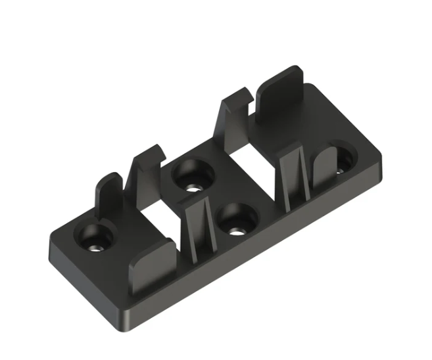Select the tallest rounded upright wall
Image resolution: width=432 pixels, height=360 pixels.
pyautogui.click(x=279, y=112)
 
